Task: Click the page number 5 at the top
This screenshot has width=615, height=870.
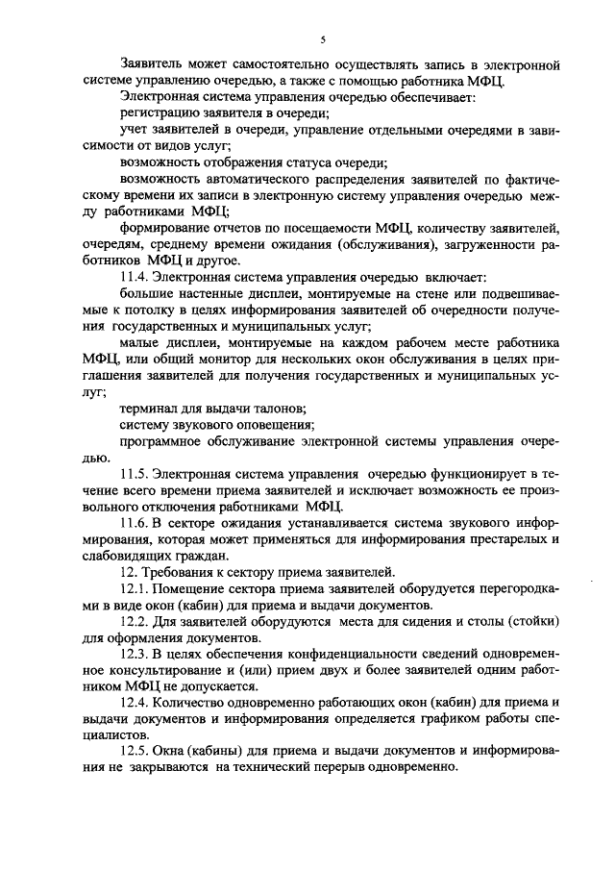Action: coord(324,39)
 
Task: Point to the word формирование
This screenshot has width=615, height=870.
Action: coord(165,229)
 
